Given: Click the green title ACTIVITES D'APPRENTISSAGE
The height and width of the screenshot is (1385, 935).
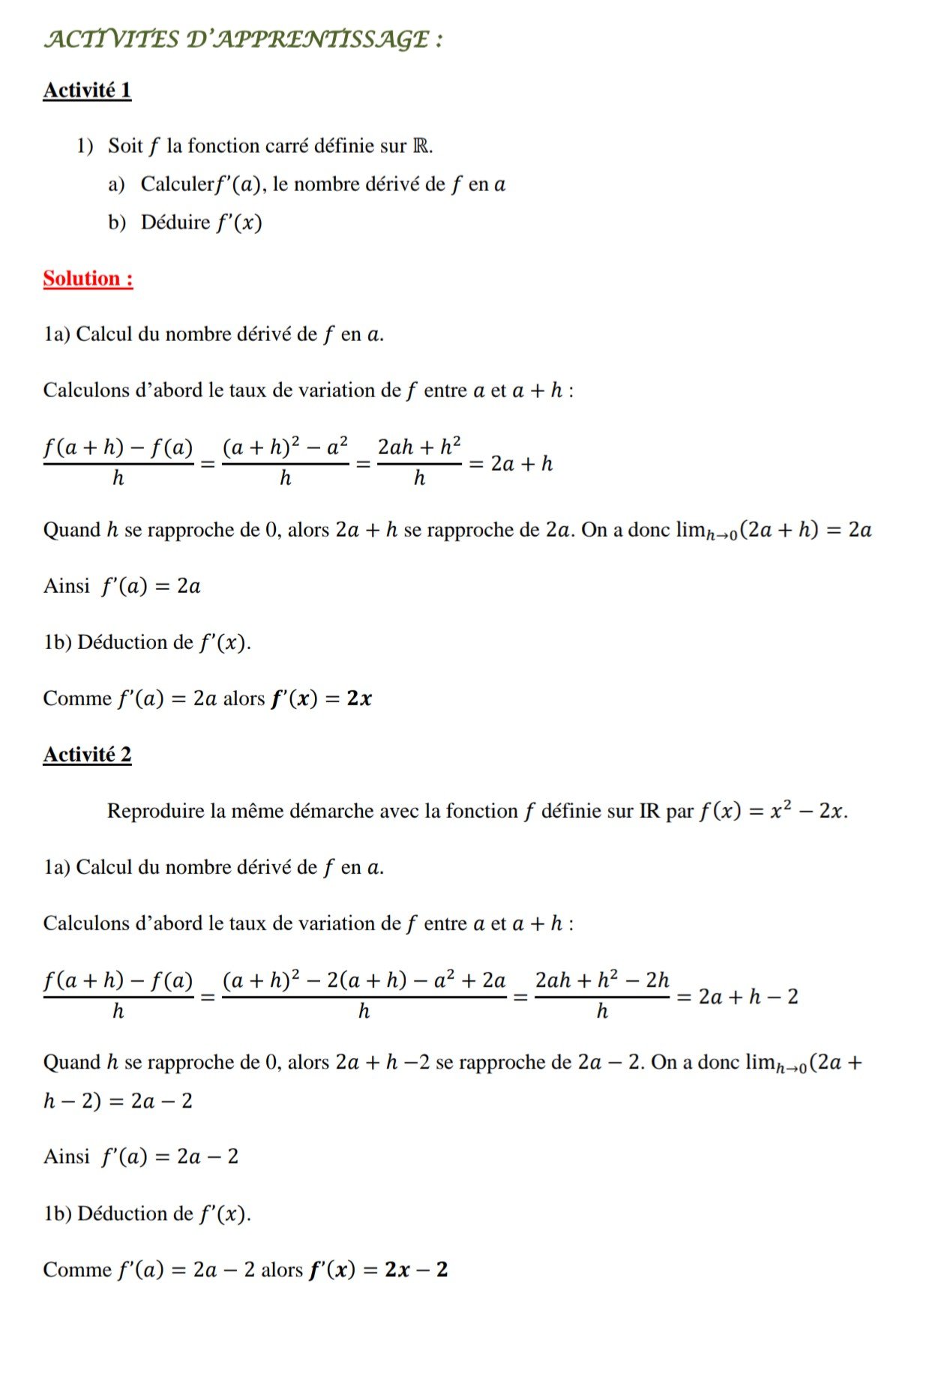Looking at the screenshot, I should click(x=243, y=39).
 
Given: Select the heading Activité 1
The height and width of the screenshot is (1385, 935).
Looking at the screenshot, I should click(x=87, y=91).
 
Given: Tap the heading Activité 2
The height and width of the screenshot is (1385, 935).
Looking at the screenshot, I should click(x=87, y=755).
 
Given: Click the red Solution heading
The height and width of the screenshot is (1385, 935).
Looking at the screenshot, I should click(x=88, y=279).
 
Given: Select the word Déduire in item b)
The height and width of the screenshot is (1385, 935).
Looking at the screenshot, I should click(x=175, y=223).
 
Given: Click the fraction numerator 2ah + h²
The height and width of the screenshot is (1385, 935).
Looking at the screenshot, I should click(x=419, y=447).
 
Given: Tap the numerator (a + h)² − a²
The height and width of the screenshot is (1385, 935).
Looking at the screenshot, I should click(x=286, y=447).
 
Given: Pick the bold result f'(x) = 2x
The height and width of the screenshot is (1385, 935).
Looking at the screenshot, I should click(x=321, y=698).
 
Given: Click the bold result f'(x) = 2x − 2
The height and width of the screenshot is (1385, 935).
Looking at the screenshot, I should click(x=378, y=1270).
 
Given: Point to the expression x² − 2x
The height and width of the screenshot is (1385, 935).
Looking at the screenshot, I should click(x=808, y=811).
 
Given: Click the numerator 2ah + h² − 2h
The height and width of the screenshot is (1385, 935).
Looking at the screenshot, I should click(x=602, y=980).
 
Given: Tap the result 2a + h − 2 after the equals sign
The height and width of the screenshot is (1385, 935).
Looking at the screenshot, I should click(x=748, y=997).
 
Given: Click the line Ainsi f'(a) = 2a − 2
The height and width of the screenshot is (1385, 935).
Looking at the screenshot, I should click(x=141, y=1156).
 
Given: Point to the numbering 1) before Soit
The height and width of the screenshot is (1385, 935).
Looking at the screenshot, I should click(x=85, y=145).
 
